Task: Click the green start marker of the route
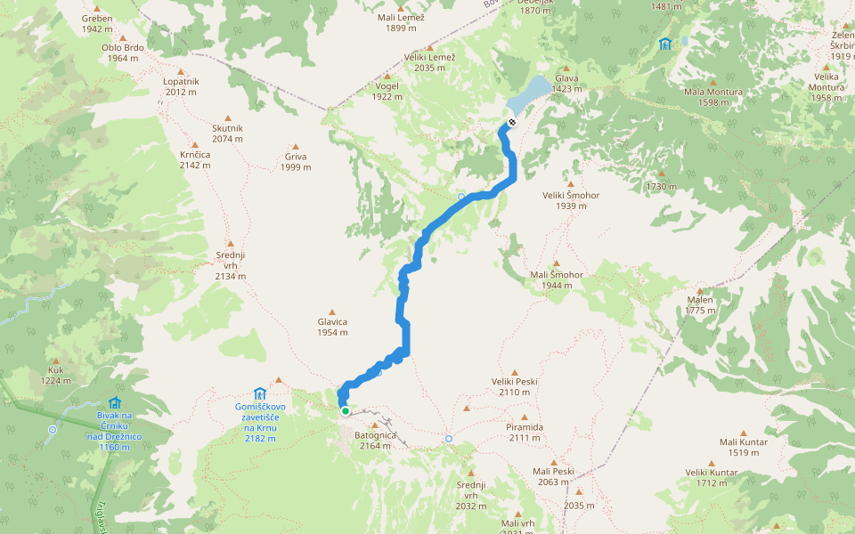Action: (x=345, y=411)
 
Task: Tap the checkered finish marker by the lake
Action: (x=511, y=123)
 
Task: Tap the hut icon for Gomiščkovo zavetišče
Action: (x=259, y=393)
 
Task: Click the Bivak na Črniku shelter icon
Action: (x=114, y=403)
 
